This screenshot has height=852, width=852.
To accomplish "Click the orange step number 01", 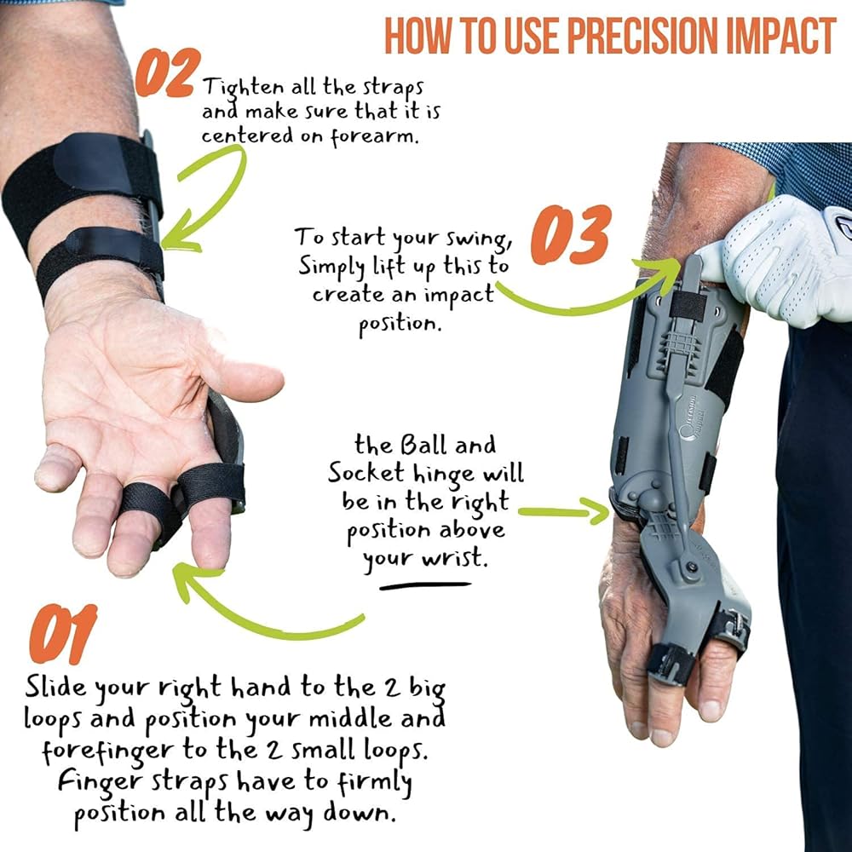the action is [63, 634].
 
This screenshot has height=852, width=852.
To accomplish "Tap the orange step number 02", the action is [167, 72].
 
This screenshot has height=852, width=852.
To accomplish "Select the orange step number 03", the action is [571, 234].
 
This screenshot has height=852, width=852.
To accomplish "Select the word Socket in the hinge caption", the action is [366, 473].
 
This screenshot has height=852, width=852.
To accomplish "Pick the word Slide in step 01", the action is [56, 687].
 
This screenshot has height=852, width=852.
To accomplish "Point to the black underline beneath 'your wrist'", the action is [425, 586].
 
